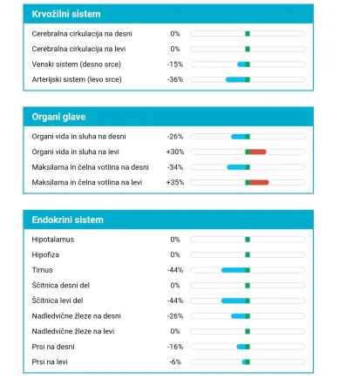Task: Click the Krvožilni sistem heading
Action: [66, 14]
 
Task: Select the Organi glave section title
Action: [58, 117]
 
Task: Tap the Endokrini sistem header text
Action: [68, 220]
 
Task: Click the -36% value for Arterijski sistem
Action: [175, 79]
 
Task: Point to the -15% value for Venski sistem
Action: [175, 64]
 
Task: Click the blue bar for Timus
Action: [234, 270]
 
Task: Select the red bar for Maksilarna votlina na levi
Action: [259, 182]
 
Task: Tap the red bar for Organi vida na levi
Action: [258, 152]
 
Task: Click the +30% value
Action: [175, 152]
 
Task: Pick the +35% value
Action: [175, 182]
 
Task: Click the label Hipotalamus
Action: [53, 240]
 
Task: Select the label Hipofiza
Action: [45, 255]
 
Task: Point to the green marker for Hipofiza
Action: [248, 255]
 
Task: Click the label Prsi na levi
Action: [50, 362]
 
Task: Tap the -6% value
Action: [175, 362]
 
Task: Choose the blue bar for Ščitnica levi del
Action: [234, 301]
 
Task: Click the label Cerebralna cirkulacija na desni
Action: [82, 34]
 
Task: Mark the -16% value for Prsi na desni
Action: [175, 347]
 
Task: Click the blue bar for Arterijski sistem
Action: [235, 79]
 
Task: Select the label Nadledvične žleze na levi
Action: [73, 331]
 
